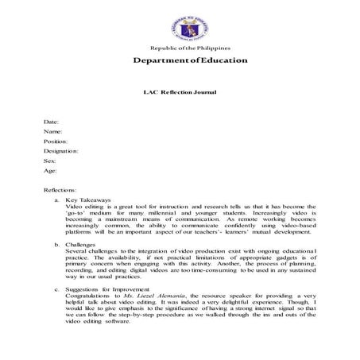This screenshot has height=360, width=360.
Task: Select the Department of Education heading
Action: [x=180, y=61]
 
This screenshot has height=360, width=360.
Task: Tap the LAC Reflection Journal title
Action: [x=180, y=92]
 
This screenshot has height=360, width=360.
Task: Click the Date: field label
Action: [x=52, y=121]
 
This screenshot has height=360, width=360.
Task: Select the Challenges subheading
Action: [x=83, y=246]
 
